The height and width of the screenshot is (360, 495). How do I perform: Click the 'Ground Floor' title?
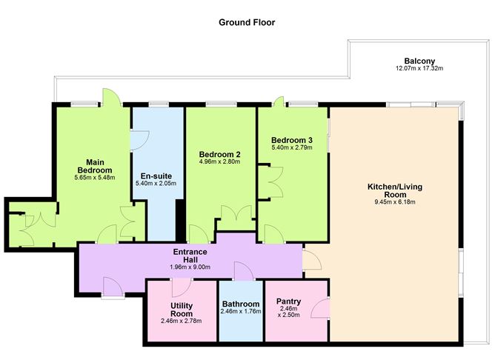point(247,22)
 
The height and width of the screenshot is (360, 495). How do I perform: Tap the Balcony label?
point(419,61)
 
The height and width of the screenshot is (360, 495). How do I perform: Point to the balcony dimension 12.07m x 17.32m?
point(419,68)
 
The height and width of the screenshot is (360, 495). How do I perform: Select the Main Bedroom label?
point(95,166)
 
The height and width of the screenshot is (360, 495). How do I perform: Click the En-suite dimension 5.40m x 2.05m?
point(156,183)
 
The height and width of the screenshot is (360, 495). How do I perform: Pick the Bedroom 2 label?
point(220,155)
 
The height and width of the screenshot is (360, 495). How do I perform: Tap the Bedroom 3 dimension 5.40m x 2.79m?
point(292,147)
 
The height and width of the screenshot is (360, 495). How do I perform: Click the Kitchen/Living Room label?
point(395,190)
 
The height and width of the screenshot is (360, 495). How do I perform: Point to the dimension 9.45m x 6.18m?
point(395,202)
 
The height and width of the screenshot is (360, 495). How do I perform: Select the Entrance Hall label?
point(190,256)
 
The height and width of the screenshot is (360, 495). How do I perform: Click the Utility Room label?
point(182,310)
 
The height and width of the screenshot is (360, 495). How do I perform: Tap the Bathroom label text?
point(241,304)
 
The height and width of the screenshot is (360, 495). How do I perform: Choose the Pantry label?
point(288,301)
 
